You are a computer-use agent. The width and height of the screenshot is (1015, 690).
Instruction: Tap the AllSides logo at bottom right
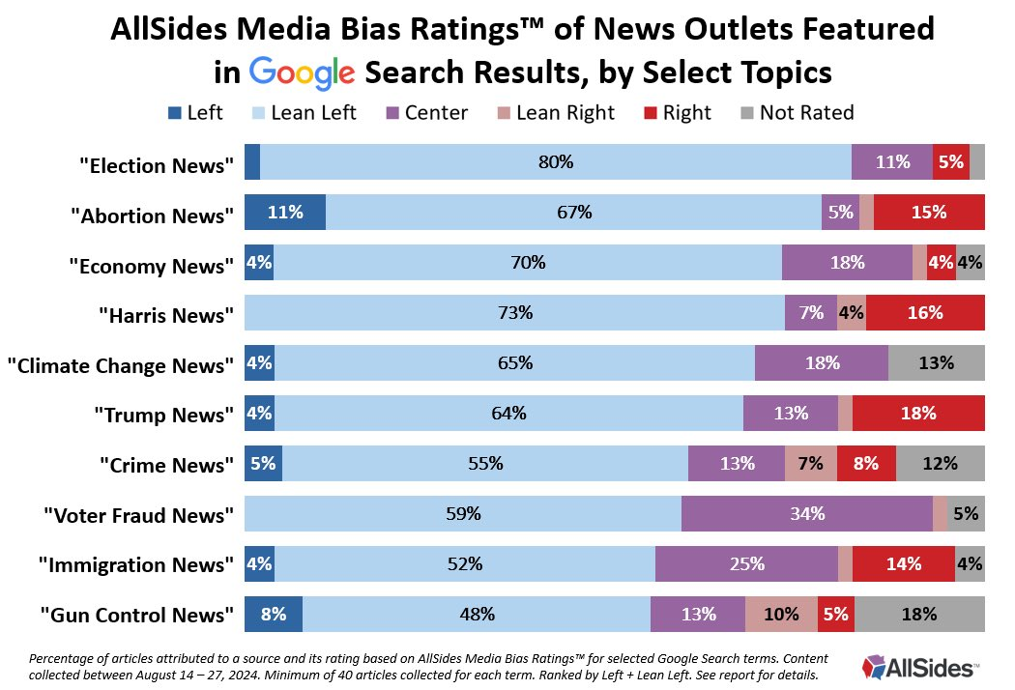(x=919, y=666)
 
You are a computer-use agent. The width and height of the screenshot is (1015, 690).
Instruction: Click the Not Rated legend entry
(x=806, y=113)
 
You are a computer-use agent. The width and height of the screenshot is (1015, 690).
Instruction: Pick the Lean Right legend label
(x=565, y=113)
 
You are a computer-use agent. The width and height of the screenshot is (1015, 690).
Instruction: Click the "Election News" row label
(x=157, y=165)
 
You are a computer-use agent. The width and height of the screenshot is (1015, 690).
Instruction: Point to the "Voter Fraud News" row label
(x=138, y=515)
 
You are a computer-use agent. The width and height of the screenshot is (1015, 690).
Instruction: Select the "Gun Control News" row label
(x=137, y=616)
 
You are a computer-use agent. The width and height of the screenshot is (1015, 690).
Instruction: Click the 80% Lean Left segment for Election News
(x=556, y=161)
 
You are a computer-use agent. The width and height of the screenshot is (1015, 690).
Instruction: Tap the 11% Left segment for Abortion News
(x=285, y=212)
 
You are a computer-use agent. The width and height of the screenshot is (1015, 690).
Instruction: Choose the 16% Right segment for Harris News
(x=925, y=312)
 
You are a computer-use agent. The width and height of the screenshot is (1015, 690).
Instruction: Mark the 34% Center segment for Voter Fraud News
(x=806, y=514)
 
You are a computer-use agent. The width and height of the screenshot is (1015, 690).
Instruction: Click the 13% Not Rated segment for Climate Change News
(x=936, y=363)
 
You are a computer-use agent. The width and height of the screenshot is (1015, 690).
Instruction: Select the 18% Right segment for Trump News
(x=918, y=414)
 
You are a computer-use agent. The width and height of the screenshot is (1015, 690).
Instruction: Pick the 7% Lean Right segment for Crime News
(x=811, y=464)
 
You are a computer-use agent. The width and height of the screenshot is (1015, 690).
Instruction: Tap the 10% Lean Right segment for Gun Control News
(x=781, y=614)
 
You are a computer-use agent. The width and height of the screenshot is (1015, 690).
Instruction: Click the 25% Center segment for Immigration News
(x=746, y=564)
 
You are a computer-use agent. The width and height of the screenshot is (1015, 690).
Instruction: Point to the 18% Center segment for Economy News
(x=847, y=262)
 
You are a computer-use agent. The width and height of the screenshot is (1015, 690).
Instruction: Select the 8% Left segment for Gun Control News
(x=274, y=614)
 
